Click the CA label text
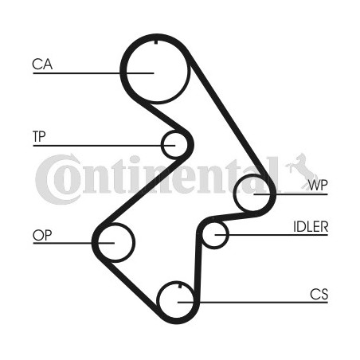(42, 65)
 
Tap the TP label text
(39, 136)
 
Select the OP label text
(42, 235)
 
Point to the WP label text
(318, 185)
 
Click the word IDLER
(311, 226)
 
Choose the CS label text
(319, 294)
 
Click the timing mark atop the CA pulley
(156, 42)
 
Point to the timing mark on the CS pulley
(180, 286)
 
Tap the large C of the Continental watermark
(58, 179)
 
